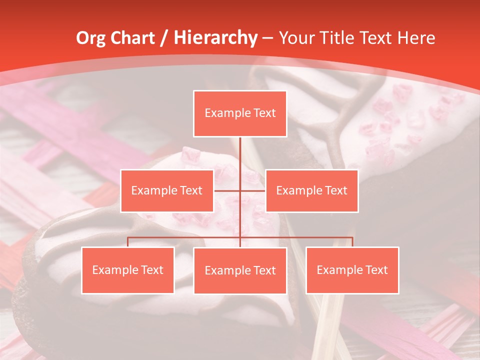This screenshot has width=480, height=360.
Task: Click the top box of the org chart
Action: pyautogui.click(x=240, y=113)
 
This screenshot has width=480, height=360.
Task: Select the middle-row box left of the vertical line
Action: pyautogui.click(x=167, y=190)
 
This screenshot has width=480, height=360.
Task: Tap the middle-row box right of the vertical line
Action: pyautogui.click(x=311, y=190)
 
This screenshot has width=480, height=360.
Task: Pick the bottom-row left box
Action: pyautogui.click(x=127, y=270)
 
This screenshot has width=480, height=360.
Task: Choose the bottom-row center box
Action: pyautogui.click(x=240, y=270)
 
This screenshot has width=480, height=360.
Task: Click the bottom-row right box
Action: pyautogui.click(x=352, y=270)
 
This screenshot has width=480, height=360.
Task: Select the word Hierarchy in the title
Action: pyautogui.click(x=215, y=38)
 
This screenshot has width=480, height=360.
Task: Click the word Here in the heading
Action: pyautogui.click(x=416, y=38)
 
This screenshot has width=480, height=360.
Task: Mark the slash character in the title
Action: pyautogui.click(x=164, y=38)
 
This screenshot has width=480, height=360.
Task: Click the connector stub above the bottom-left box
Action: pyautogui.click(x=127, y=242)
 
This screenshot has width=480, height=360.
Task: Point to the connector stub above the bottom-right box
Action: pyautogui.click(x=352, y=242)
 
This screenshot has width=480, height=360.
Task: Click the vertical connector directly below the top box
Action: pyautogui.click(x=240, y=150)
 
